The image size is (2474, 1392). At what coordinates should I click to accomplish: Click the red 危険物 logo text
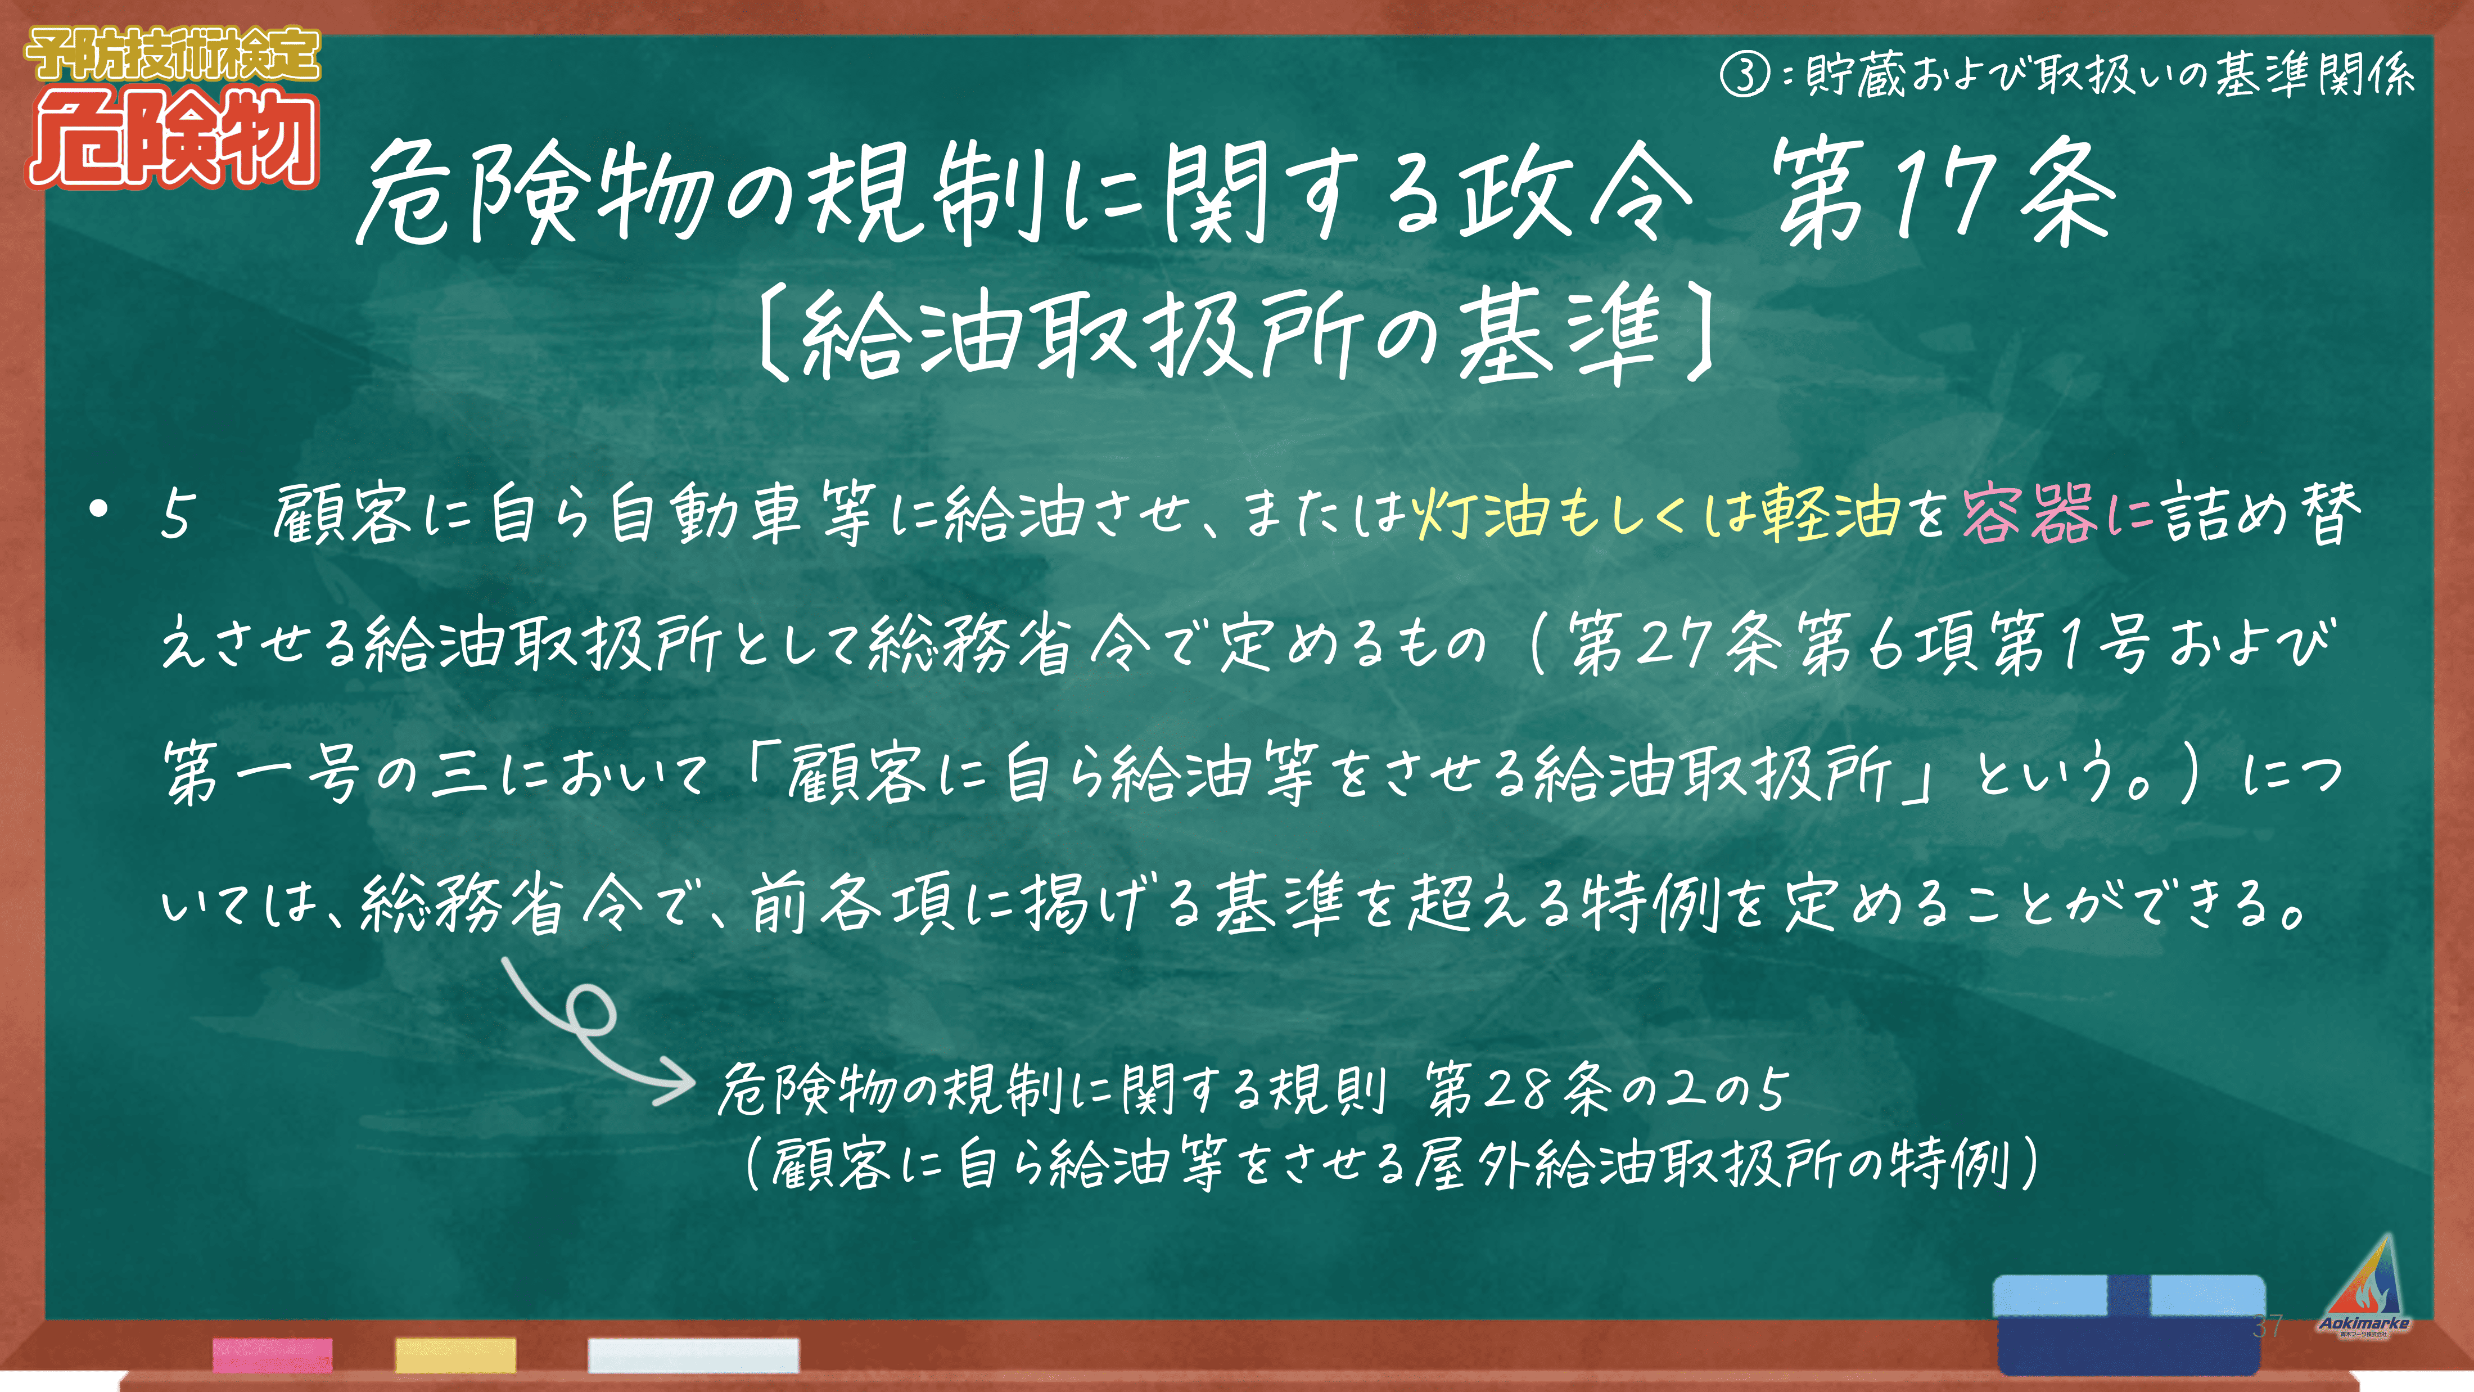coord(173,139)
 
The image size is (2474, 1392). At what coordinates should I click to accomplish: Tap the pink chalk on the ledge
coord(273,1354)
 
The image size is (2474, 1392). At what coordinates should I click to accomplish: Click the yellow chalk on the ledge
coord(455,1354)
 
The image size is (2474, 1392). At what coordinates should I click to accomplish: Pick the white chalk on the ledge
coord(693,1354)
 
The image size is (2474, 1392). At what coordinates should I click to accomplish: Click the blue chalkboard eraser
coord(2129,1324)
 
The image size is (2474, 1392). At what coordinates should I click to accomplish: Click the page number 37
coord(2268,1326)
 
